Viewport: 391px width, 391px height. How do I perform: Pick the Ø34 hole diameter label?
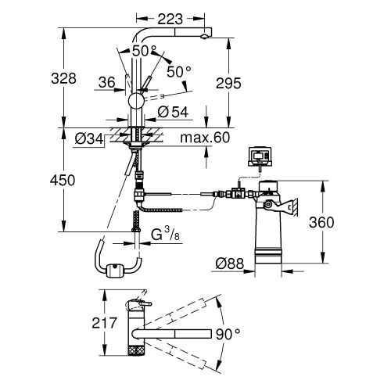89,140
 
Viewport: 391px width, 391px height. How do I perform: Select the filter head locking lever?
285,206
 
